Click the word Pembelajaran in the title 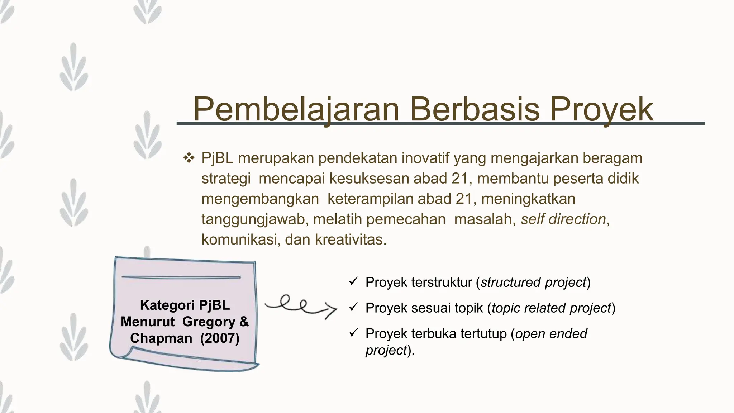(296, 109)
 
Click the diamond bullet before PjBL (189, 158)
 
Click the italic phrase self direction (563, 219)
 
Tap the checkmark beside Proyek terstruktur (353, 281)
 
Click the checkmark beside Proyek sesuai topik (353, 307)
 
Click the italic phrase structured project (533, 282)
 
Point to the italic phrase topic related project (551, 308)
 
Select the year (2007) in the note (220, 338)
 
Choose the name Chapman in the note (161, 338)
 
